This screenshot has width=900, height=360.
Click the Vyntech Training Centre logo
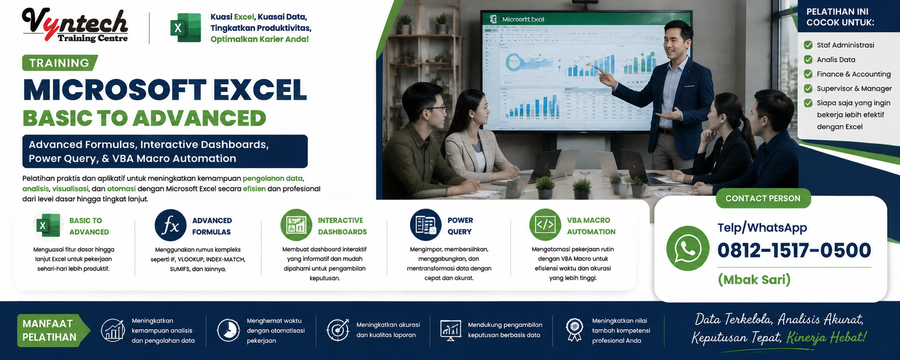click(x=75, y=25)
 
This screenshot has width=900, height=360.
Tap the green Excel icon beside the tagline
click(x=186, y=28)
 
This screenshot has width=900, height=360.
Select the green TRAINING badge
click(x=60, y=62)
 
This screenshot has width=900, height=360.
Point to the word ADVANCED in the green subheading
click(x=199, y=118)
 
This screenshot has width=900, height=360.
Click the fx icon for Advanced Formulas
click(x=170, y=226)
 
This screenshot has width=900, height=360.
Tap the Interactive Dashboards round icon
click(x=296, y=225)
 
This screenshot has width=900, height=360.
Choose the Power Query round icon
click(x=425, y=225)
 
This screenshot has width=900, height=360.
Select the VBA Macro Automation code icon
click(x=545, y=225)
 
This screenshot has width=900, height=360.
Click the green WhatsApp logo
click(x=687, y=248)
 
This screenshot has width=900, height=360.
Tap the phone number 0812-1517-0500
click(x=794, y=250)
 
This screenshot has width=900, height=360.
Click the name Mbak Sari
click(x=754, y=280)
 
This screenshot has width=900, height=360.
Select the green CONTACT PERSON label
click(x=763, y=199)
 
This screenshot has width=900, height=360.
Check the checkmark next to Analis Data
click(x=808, y=60)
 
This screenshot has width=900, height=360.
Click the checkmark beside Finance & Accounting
click(x=808, y=74)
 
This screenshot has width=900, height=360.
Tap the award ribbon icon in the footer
click(x=574, y=330)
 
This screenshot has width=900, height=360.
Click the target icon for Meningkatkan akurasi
click(x=338, y=330)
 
